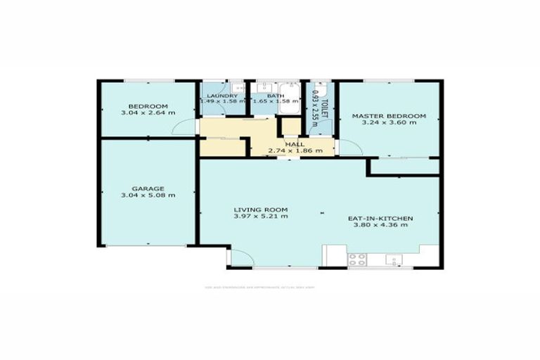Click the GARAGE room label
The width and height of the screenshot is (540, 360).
[x=148, y=188]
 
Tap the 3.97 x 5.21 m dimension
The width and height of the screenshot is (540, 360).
[x=261, y=217]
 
